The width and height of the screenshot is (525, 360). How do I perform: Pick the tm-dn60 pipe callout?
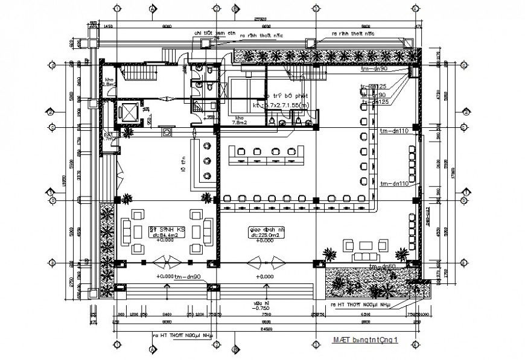[x=383, y=266]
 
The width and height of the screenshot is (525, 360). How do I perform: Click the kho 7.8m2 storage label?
[x=240, y=121]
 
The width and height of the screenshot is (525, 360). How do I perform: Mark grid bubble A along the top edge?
[x=153, y=9]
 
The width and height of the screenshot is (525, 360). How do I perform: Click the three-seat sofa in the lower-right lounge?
[x=366, y=245]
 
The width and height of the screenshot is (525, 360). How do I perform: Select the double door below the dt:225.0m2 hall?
[x=264, y=263]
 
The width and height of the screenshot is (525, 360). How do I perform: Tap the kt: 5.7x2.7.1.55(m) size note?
[x=287, y=105]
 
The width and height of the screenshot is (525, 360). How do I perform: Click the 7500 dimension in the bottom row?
[x=264, y=315]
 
